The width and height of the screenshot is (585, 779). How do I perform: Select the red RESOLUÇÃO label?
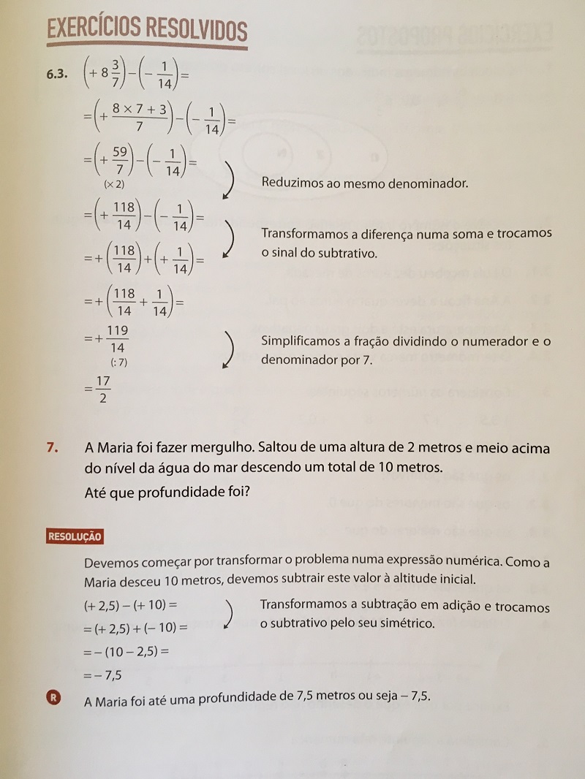click(x=74, y=536)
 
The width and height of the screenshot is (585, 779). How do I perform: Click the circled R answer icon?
click(x=53, y=698)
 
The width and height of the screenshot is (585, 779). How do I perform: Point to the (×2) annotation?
click(x=113, y=183)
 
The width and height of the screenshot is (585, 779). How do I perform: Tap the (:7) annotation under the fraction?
click(x=116, y=362)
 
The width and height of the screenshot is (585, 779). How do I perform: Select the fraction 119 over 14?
click(x=116, y=339)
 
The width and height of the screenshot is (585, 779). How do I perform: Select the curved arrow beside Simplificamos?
click(x=228, y=350)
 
